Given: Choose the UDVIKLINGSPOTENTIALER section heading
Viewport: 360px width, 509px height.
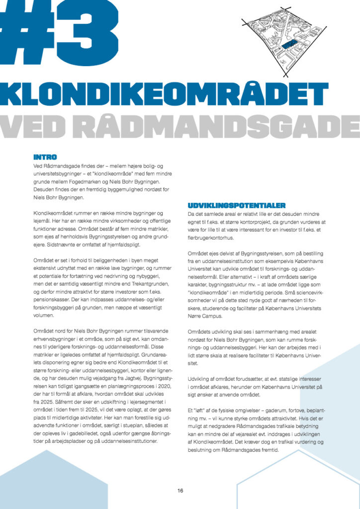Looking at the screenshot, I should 236,205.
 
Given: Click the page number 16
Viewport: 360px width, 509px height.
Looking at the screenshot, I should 180,491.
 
